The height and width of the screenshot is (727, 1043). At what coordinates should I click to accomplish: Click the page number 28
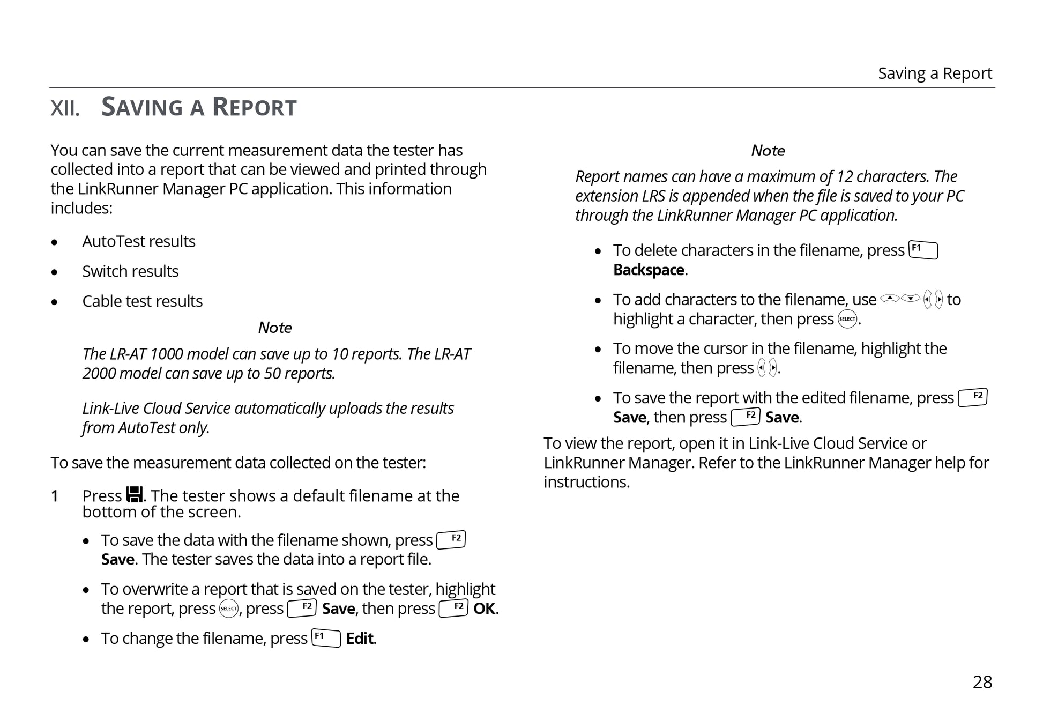(982, 682)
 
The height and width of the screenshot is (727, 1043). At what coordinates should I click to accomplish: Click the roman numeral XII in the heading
(65, 108)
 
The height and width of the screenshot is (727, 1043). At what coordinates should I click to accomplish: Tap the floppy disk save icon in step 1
(135, 494)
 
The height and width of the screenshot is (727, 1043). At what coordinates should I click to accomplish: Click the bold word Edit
(360, 639)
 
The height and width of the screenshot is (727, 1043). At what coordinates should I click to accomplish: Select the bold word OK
(485, 609)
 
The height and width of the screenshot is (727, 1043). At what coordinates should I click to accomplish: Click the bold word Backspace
(649, 270)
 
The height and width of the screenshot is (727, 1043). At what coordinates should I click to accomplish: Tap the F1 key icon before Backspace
(923, 250)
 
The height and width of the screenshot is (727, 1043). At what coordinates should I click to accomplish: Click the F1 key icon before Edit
(326, 638)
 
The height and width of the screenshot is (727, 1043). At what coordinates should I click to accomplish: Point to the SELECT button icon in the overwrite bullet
(229, 609)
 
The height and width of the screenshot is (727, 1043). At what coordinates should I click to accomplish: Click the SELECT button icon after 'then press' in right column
(847, 319)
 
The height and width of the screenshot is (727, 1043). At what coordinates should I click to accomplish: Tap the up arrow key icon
(890, 298)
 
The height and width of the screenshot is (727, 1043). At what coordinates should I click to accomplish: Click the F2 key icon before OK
(453, 609)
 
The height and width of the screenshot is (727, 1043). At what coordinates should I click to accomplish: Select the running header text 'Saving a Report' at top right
(934, 73)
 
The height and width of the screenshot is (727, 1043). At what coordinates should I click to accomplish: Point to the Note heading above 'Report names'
(768, 151)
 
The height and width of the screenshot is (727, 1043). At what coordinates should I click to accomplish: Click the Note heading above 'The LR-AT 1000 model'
(275, 328)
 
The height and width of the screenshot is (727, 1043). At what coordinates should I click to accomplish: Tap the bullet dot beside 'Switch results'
(54, 272)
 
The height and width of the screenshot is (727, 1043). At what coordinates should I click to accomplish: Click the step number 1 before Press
(54, 496)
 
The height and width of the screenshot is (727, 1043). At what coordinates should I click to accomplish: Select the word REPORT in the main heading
(254, 107)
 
